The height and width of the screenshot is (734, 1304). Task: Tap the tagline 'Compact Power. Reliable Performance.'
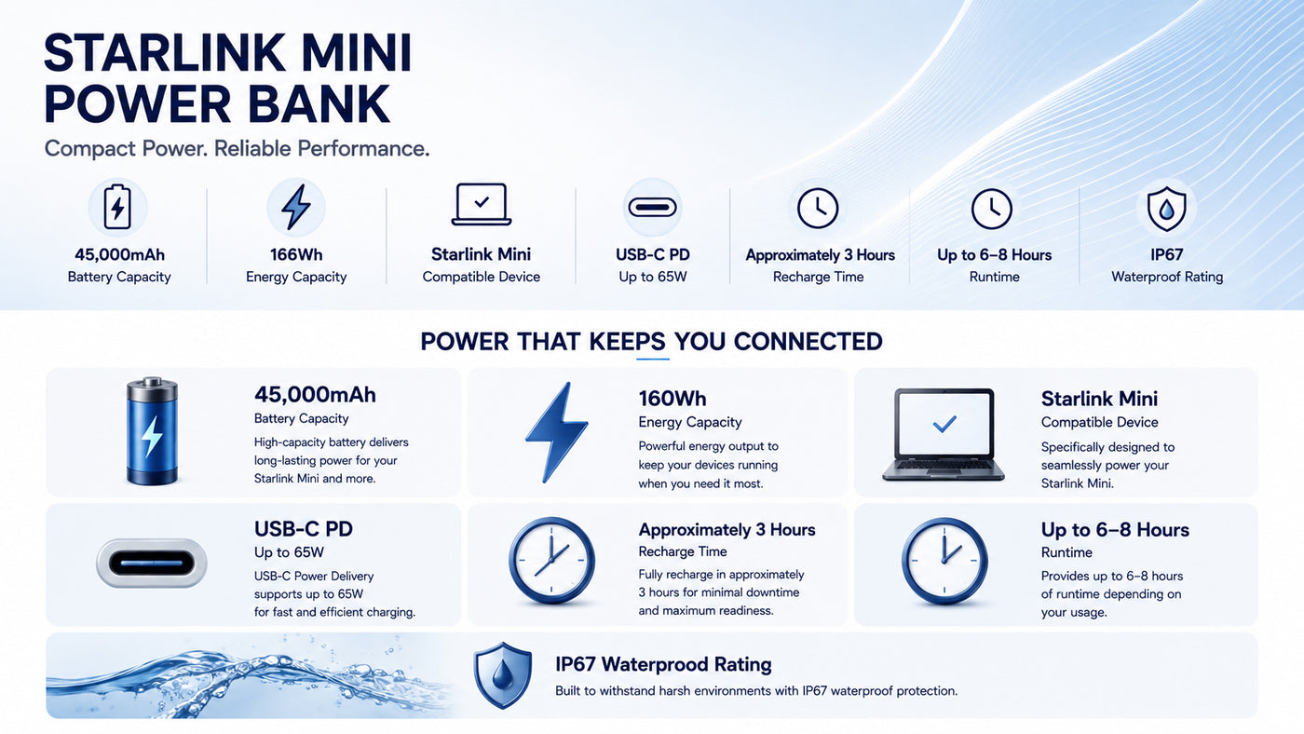pyautogui.click(x=237, y=148)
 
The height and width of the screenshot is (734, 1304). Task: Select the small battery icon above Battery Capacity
pyautogui.click(x=117, y=207)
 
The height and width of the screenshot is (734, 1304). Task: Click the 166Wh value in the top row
pyautogui.click(x=296, y=254)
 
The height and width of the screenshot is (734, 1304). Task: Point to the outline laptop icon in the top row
pyautogui.click(x=482, y=204)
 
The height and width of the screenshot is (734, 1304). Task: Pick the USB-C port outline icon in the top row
pyautogui.click(x=653, y=207)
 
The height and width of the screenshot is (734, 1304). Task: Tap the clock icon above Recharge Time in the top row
pyautogui.click(x=818, y=208)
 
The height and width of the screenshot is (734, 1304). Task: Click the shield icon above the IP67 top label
pyautogui.click(x=1166, y=209)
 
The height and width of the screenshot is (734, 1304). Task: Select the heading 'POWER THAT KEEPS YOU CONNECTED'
pyautogui.click(x=651, y=342)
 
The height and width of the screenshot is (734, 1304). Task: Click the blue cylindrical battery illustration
pyautogui.click(x=152, y=430)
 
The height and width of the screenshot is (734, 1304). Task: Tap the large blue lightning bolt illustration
pyautogui.click(x=557, y=432)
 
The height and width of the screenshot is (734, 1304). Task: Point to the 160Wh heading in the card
pyautogui.click(x=672, y=399)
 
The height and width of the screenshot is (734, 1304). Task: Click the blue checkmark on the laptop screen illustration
pyautogui.click(x=944, y=424)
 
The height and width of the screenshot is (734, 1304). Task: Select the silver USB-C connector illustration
pyautogui.click(x=151, y=563)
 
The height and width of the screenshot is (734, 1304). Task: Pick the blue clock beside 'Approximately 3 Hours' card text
pyautogui.click(x=551, y=561)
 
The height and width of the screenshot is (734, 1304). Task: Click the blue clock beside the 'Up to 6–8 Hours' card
pyautogui.click(x=944, y=561)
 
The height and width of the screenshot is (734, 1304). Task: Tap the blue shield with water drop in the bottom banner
pyautogui.click(x=502, y=675)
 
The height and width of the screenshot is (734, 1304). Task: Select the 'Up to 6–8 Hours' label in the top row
pyautogui.click(x=995, y=255)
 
